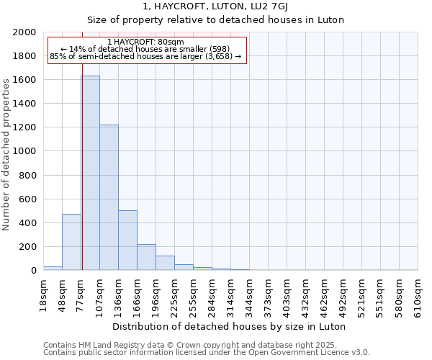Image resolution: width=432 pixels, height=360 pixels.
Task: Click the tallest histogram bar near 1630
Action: tap(90, 173)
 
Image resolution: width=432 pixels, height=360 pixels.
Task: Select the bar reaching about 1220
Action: tap(109, 197)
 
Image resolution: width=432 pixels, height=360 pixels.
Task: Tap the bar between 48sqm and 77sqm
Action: tap(71, 242)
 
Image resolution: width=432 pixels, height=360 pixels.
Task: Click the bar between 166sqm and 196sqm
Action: tap(146, 257)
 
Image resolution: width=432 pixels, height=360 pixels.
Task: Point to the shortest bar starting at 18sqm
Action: tap(53, 268)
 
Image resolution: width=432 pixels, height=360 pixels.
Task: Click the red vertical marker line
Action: tap(82, 180)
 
